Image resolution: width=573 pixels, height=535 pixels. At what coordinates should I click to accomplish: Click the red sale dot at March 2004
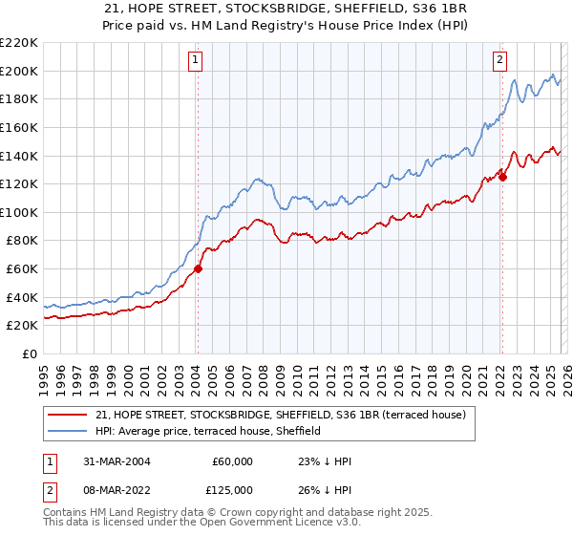coord(199,268)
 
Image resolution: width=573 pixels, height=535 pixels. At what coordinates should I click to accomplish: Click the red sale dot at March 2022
coord(502,176)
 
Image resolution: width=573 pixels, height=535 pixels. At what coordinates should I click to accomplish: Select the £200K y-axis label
coord(19,71)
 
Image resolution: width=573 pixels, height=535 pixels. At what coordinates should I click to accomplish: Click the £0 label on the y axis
coord(29,354)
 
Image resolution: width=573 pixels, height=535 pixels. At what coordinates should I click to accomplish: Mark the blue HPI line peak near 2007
coord(256,178)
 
